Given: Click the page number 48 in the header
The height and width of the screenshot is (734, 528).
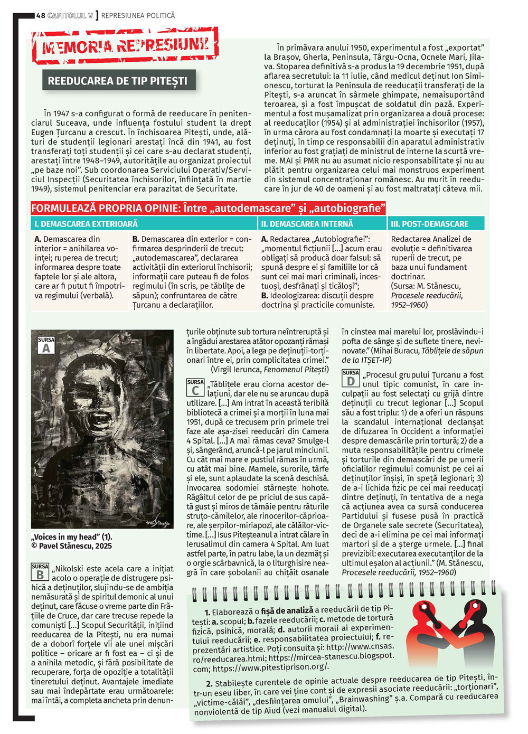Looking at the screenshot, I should (41, 15).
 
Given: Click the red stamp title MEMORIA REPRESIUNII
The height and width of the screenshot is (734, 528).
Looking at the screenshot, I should (125, 46).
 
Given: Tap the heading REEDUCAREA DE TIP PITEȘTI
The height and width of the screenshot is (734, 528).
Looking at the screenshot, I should (117, 81).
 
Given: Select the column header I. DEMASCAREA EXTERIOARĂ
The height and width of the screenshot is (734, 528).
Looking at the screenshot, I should (86, 224).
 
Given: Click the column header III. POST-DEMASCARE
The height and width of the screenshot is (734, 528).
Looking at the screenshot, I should (430, 224).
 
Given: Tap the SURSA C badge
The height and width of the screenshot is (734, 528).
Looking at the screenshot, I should (195, 388).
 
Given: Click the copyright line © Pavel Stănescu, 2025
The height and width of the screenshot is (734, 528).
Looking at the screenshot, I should (72, 546).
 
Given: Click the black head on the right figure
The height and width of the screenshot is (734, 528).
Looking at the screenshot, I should (473, 609).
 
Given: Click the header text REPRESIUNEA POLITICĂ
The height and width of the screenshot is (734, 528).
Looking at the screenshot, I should (138, 15).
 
